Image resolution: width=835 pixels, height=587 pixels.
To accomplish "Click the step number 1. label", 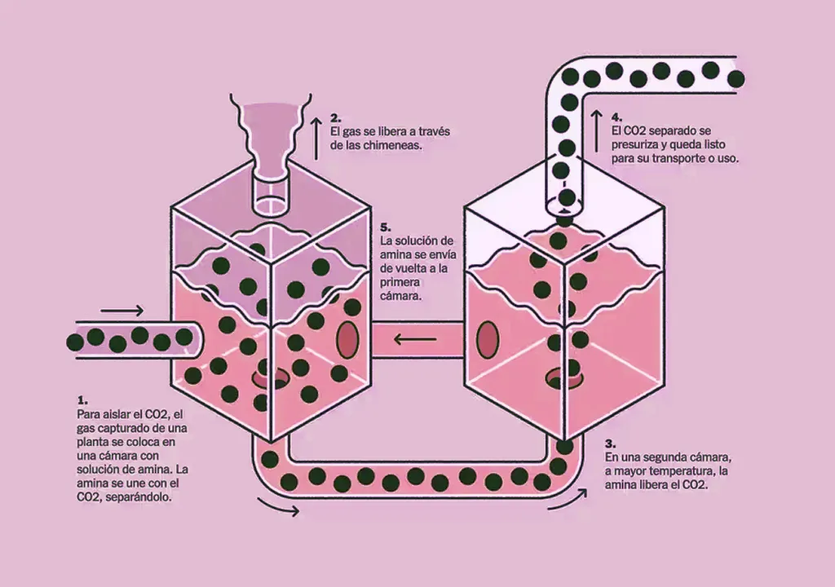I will click(x=82, y=401).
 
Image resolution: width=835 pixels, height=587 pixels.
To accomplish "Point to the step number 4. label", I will click(x=616, y=117).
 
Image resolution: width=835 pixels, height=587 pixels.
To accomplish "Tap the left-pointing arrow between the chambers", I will click(x=414, y=338).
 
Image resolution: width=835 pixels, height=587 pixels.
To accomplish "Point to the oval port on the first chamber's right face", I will click(x=347, y=338).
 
